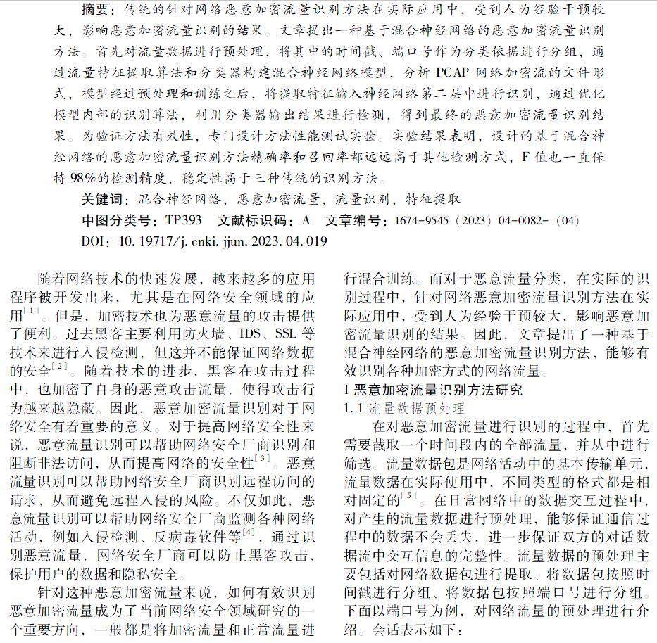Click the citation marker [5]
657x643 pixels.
410,495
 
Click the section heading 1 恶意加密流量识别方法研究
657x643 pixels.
432,390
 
